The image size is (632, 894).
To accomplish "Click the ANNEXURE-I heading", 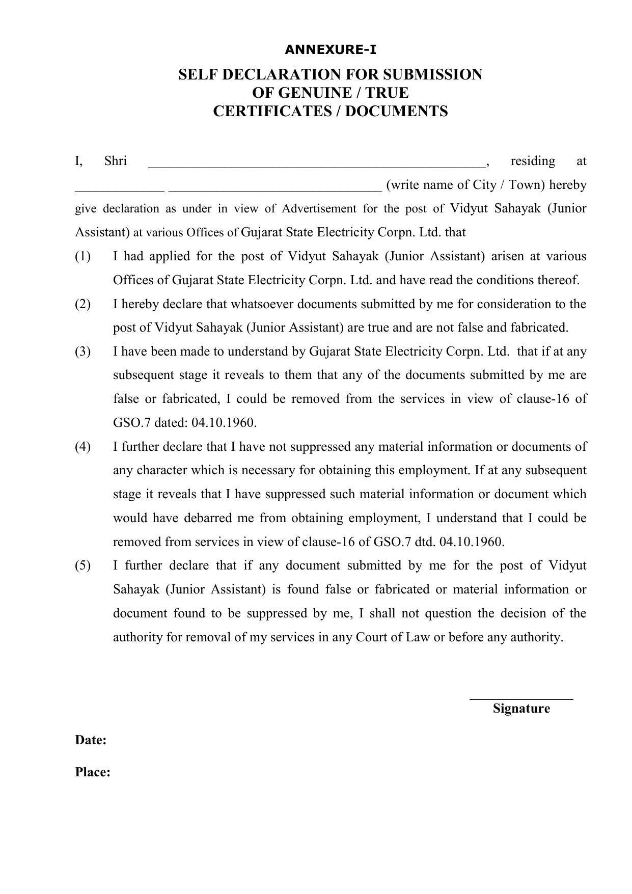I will point(331,50).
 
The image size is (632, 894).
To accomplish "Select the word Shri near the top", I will point(115,161).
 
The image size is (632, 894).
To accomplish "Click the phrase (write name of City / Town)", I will point(465,184).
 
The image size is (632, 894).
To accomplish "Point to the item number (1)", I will point(83,256).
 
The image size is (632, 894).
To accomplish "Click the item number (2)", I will point(83,304).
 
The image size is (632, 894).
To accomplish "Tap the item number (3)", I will point(83,351).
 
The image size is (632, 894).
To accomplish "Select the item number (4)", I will point(83,447).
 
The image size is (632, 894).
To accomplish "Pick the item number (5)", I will point(83,565).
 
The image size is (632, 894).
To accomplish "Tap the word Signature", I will point(521,709).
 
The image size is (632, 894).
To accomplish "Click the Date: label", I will point(91,740).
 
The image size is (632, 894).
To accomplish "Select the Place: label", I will point(93,772).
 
